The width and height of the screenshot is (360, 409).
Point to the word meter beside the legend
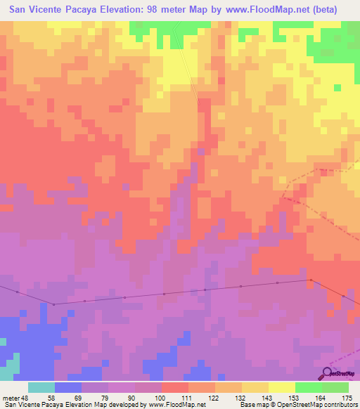point(11,397)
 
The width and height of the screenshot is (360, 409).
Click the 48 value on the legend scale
point(26,397)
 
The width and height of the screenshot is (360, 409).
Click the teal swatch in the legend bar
point(41,387)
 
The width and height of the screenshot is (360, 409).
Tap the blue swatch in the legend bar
point(68,387)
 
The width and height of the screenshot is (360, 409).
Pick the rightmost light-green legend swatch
point(335,387)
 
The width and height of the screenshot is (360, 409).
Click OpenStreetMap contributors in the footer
point(319,405)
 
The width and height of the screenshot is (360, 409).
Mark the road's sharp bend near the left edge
point(53,304)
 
